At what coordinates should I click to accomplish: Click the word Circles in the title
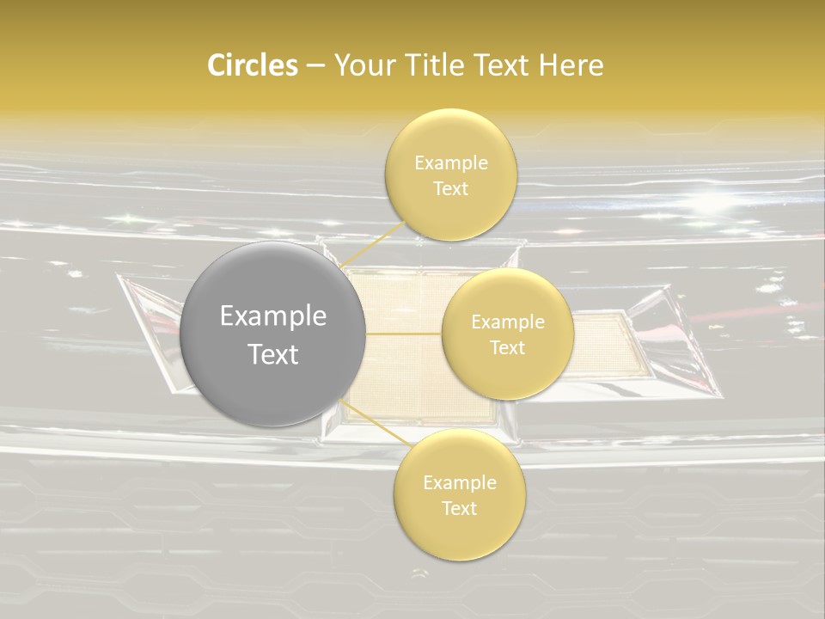tap(252, 65)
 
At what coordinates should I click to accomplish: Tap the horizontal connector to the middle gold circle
tap(403, 334)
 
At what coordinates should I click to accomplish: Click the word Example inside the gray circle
tap(272, 316)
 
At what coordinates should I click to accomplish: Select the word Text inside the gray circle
tap(272, 354)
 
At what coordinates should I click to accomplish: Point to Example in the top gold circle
tap(450, 162)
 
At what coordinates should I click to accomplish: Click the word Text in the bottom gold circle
tap(459, 508)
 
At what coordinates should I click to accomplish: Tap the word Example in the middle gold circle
tap(507, 322)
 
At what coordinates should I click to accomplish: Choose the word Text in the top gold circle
tap(450, 188)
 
